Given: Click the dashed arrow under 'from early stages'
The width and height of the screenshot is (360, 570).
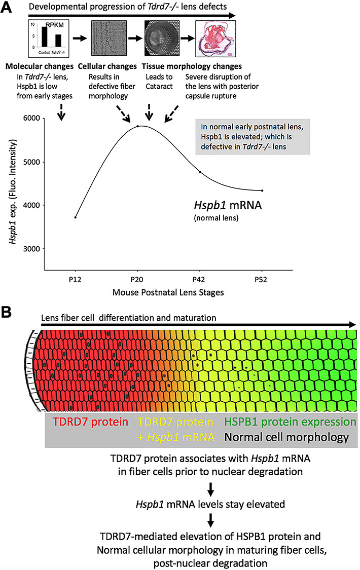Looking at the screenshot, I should coord(61,111).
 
